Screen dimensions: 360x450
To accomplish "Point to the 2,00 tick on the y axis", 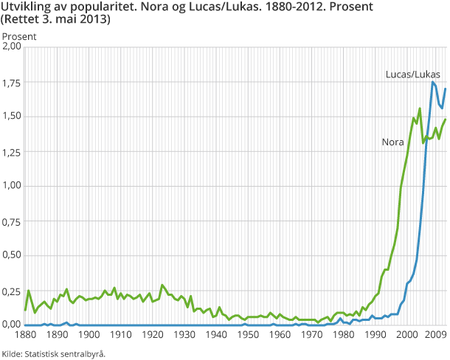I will coord(13,46).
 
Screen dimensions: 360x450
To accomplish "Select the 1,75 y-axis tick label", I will coord(13,81).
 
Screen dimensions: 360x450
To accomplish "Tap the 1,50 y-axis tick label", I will coord(13,116).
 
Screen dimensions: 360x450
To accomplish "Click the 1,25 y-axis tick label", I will coord(13,150).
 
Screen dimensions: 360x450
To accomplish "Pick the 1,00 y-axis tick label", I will coord(13,185).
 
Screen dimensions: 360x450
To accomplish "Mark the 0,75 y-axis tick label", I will coord(13,220).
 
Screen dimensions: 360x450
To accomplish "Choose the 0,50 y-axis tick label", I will coord(13,255).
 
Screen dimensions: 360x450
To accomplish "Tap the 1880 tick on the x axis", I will coord(25,336).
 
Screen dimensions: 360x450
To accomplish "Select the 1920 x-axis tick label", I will coord(152,336).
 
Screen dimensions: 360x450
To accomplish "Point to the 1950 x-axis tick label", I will coord(248,336).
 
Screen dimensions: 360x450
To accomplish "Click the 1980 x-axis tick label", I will coord(344,336).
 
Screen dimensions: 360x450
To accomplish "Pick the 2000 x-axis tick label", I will coord(407,336).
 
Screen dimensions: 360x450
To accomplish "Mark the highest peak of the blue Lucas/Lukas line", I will coord(433,82).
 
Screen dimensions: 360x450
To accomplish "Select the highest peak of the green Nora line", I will coord(420,108).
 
